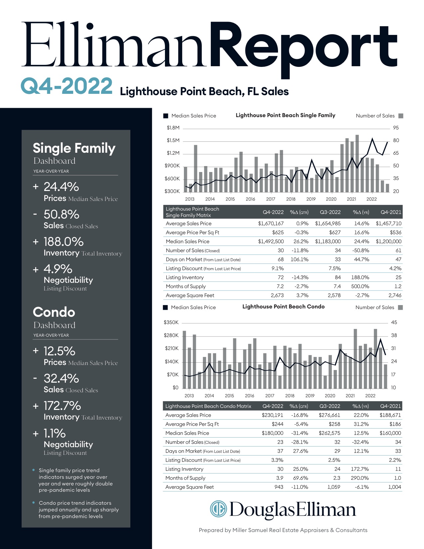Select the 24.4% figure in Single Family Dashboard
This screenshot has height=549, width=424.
(62, 187)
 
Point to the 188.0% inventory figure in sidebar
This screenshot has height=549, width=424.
(64, 242)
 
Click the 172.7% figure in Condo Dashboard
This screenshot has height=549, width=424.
(62, 406)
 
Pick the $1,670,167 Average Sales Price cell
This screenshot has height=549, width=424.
(271, 224)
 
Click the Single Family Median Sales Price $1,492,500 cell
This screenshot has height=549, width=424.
(271, 242)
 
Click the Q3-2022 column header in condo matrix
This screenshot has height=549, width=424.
(330, 406)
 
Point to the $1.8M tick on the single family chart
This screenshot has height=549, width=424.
(173, 128)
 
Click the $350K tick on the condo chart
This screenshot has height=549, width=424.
(171, 322)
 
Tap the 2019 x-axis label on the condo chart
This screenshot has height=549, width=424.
(310, 396)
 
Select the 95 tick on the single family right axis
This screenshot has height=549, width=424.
(396, 128)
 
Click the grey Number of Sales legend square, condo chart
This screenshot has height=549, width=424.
(400, 307)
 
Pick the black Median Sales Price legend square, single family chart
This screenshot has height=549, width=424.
(166, 116)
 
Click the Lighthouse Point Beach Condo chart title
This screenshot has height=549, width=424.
(283, 306)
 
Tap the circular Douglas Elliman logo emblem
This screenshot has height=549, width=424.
(218, 509)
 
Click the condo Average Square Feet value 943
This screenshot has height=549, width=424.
(279, 487)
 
